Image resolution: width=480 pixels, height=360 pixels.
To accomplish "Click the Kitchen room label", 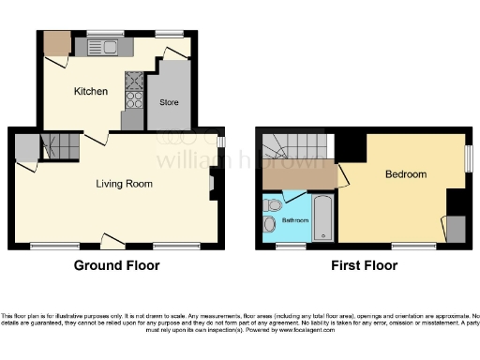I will coord(91,92).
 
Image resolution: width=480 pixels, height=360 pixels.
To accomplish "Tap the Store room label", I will coord(169,101).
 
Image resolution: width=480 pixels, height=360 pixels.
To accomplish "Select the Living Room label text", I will coord(124,184).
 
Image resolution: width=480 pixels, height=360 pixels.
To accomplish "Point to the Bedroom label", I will coord(405,174).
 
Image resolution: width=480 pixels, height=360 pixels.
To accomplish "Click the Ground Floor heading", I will coord(117,265).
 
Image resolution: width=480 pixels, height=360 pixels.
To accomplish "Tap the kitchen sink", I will coord(101,46).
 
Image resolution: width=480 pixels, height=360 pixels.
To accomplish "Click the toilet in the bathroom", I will coord(273,205).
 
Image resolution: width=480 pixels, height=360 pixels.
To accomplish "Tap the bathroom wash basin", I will coord(270,223).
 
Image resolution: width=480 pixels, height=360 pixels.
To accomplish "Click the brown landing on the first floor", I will coord(298,175).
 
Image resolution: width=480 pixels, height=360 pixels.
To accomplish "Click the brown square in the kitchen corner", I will coord(56,43).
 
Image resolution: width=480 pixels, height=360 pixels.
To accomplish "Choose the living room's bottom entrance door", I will coord(112,245).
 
